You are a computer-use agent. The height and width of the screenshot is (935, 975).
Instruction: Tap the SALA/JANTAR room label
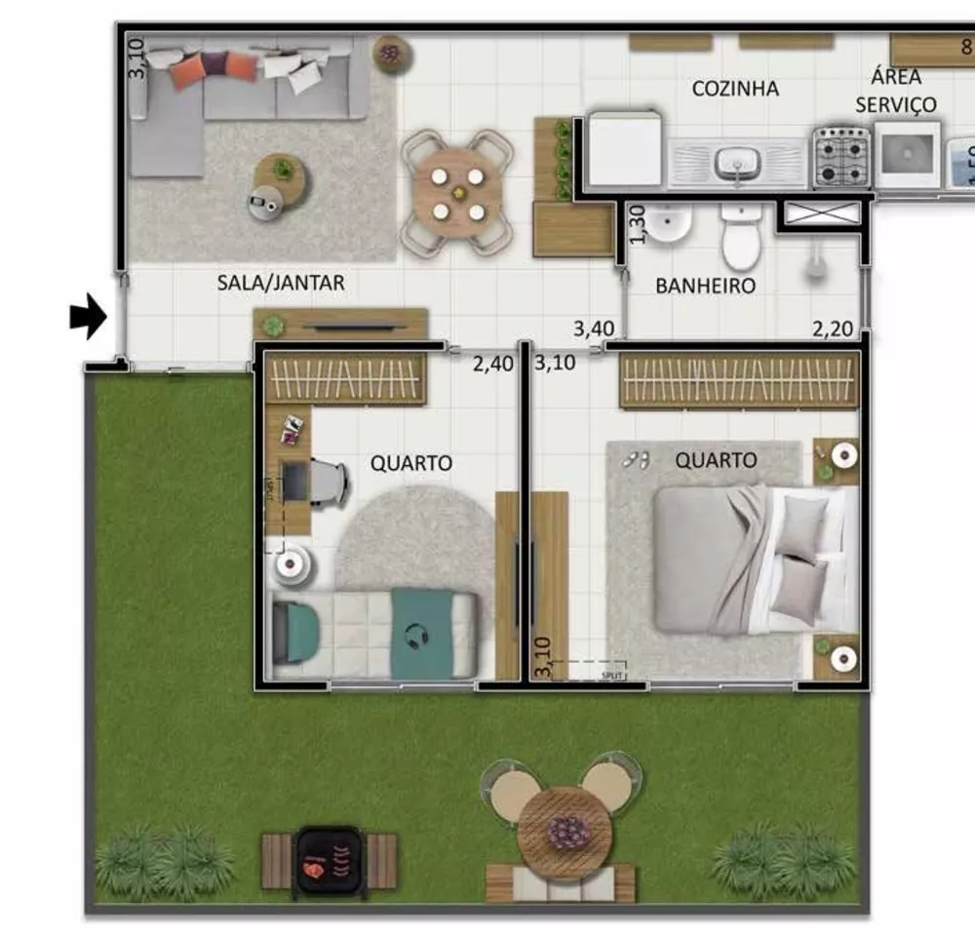point(280,283)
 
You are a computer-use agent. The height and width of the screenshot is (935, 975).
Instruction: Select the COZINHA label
point(735,89)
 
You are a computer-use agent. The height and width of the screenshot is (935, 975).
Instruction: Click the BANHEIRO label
point(705,286)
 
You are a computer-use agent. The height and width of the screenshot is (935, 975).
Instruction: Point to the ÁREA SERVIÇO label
point(896,91)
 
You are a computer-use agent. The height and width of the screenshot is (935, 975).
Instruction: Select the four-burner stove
point(842,156)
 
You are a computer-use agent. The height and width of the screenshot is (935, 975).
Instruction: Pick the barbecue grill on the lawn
point(329,858)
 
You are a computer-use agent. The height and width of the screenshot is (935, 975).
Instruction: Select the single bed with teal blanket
point(375,635)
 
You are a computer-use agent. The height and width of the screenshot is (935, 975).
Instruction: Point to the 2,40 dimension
point(492,365)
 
